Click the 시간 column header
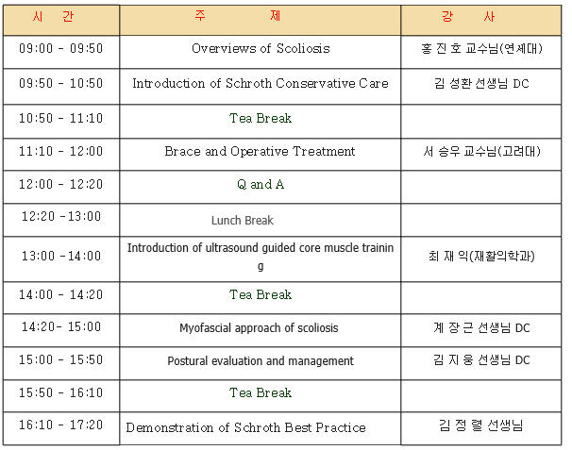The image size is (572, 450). tap(53, 16)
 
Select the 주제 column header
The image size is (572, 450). tap(238, 16)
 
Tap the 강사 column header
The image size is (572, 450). tap(468, 16)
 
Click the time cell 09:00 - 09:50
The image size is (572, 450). tap(61, 48)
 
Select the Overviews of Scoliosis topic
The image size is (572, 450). tap(261, 48)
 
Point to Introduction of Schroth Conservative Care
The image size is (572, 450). tap(261, 83)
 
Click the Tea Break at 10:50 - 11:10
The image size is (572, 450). tap(261, 118)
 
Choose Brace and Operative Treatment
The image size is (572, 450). tap(260, 151)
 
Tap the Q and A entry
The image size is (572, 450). tap(261, 184)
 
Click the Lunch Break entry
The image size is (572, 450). tap(243, 220)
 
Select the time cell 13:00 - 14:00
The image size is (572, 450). tap(61, 256)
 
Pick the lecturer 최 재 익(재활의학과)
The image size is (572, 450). tap(481, 256)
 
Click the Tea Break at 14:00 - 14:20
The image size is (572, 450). tap(261, 294)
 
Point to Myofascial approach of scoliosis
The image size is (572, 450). tap(259, 328)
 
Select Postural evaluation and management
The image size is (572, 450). tap(261, 360)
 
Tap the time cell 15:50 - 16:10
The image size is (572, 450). tap(61, 392)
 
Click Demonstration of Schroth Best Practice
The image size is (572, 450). tap(245, 427)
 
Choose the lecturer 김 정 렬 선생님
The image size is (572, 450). tap(481, 425)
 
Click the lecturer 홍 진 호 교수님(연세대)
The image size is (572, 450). tap(481, 48)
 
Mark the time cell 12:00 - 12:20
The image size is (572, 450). tap(61, 184)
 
